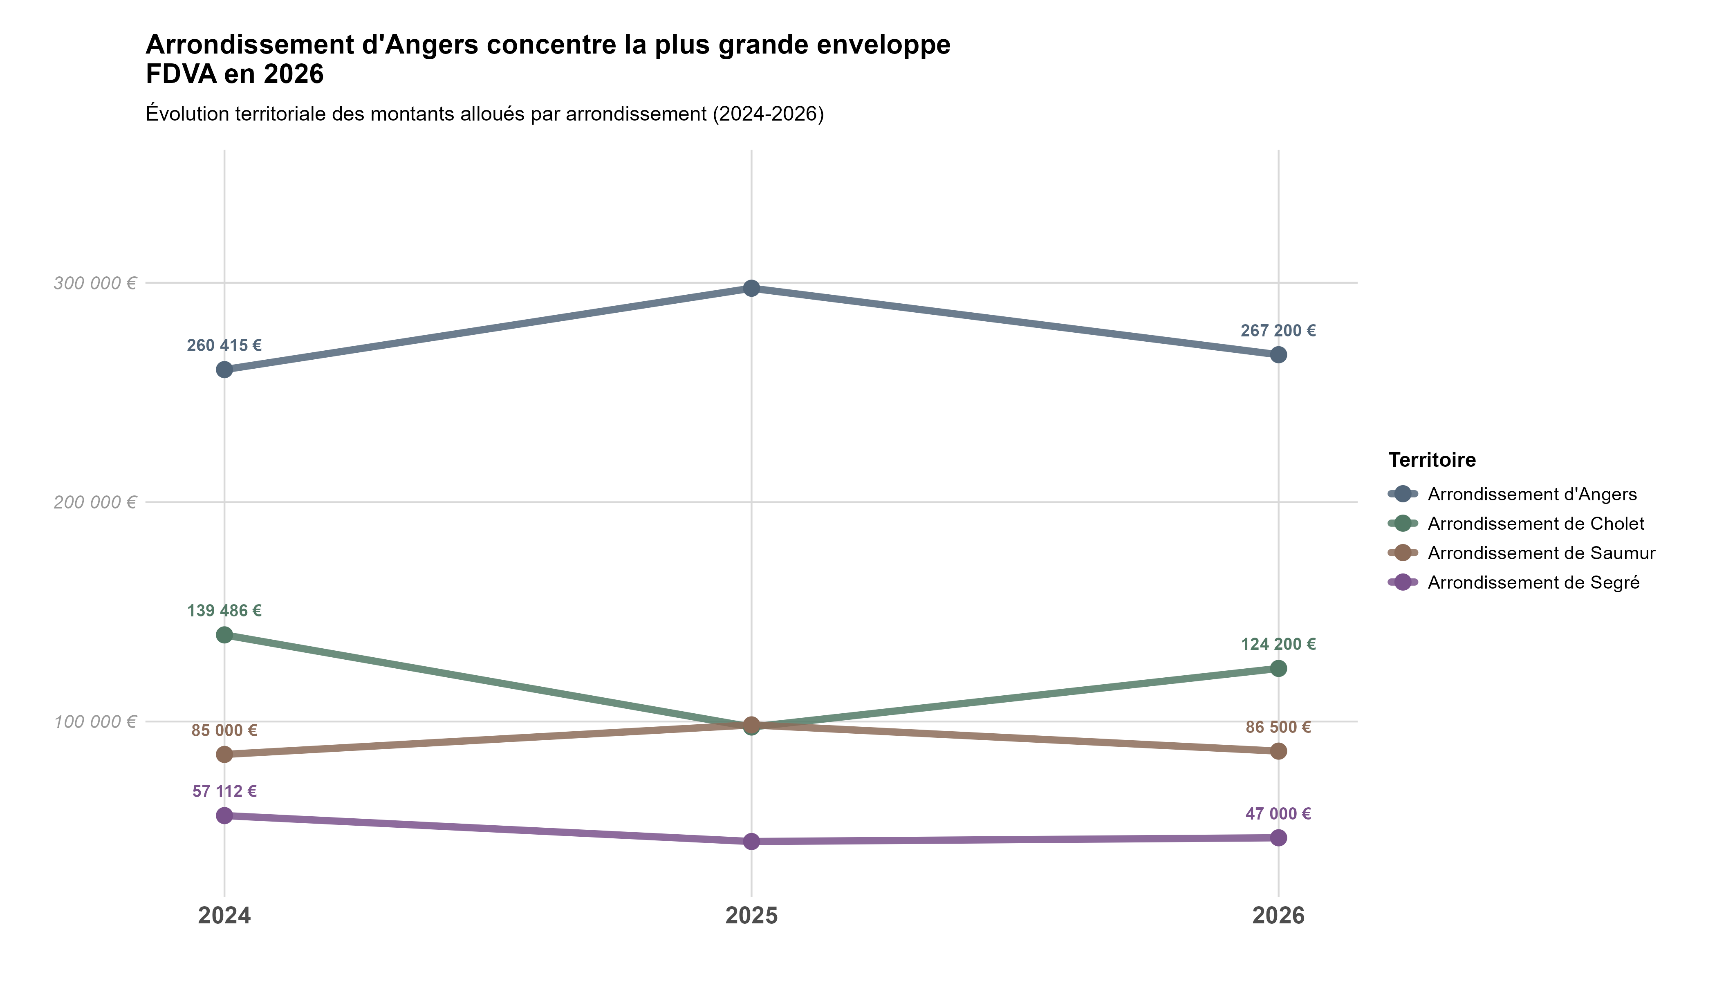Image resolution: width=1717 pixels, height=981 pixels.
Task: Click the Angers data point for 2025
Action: (751, 288)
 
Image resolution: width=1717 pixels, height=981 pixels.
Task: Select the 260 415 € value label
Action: (224, 346)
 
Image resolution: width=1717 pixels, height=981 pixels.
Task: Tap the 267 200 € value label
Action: (1278, 331)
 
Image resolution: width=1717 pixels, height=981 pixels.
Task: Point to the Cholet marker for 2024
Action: (224, 635)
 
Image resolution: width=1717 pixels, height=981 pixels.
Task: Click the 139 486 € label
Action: (224, 611)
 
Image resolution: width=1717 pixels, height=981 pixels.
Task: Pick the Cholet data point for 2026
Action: (1278, 668)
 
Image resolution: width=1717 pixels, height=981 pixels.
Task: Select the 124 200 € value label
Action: (1278, 645)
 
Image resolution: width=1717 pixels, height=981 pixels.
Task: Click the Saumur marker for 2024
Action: (224, 754)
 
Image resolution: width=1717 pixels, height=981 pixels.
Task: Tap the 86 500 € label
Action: (1278, 727)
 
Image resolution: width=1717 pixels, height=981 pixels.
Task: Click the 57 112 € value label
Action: (224, 792)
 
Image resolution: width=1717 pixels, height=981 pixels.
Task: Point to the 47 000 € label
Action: (1278, 814)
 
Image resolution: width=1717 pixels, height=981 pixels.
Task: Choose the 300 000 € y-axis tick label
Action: (95, 283)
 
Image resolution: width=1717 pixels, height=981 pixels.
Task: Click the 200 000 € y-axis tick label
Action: (95, 502)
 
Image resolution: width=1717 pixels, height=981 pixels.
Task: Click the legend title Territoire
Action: (1432, 460)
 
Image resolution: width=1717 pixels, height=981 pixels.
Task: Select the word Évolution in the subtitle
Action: (187, 114)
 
